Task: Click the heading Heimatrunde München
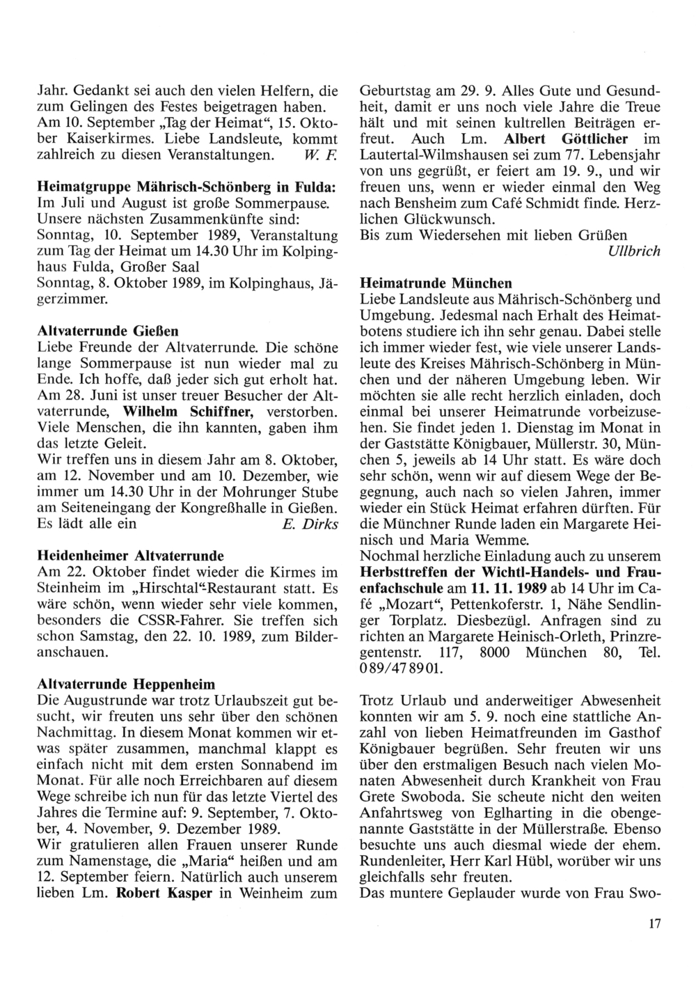[x=436, y=283]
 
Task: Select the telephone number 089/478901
[x=400, y=667]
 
